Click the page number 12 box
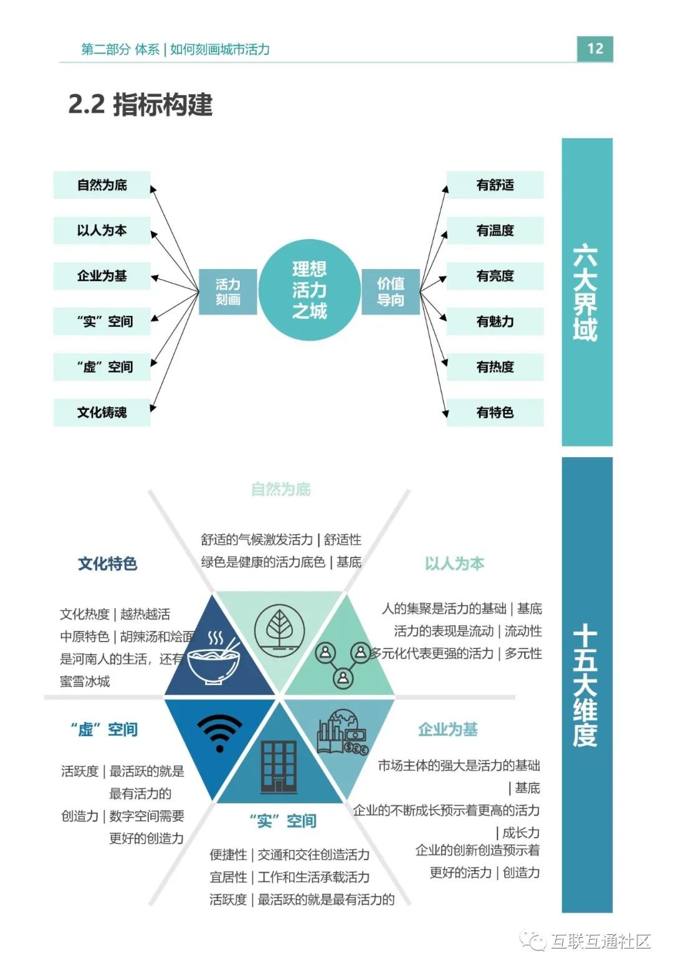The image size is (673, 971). point(594,49)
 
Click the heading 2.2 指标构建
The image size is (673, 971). point(140,105)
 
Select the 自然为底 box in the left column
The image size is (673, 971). point(102,185)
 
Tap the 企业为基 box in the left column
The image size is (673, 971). point(102,276)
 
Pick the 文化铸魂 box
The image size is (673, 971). point(102,412)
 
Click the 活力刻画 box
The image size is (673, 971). point(227,291)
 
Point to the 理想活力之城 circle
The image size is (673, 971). point(309,290)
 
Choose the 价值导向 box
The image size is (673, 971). point(391,291)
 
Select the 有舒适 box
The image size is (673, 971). point(495,185)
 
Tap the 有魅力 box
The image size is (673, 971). point(495,321)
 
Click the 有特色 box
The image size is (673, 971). point(495,412)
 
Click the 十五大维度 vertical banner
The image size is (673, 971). point(586,685)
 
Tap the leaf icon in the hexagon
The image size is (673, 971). point(280,629)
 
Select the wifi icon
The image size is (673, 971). point(219,732)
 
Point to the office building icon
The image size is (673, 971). point(279,766)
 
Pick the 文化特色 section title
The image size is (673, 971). point(107,564)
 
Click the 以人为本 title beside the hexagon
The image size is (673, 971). point(454,564)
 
